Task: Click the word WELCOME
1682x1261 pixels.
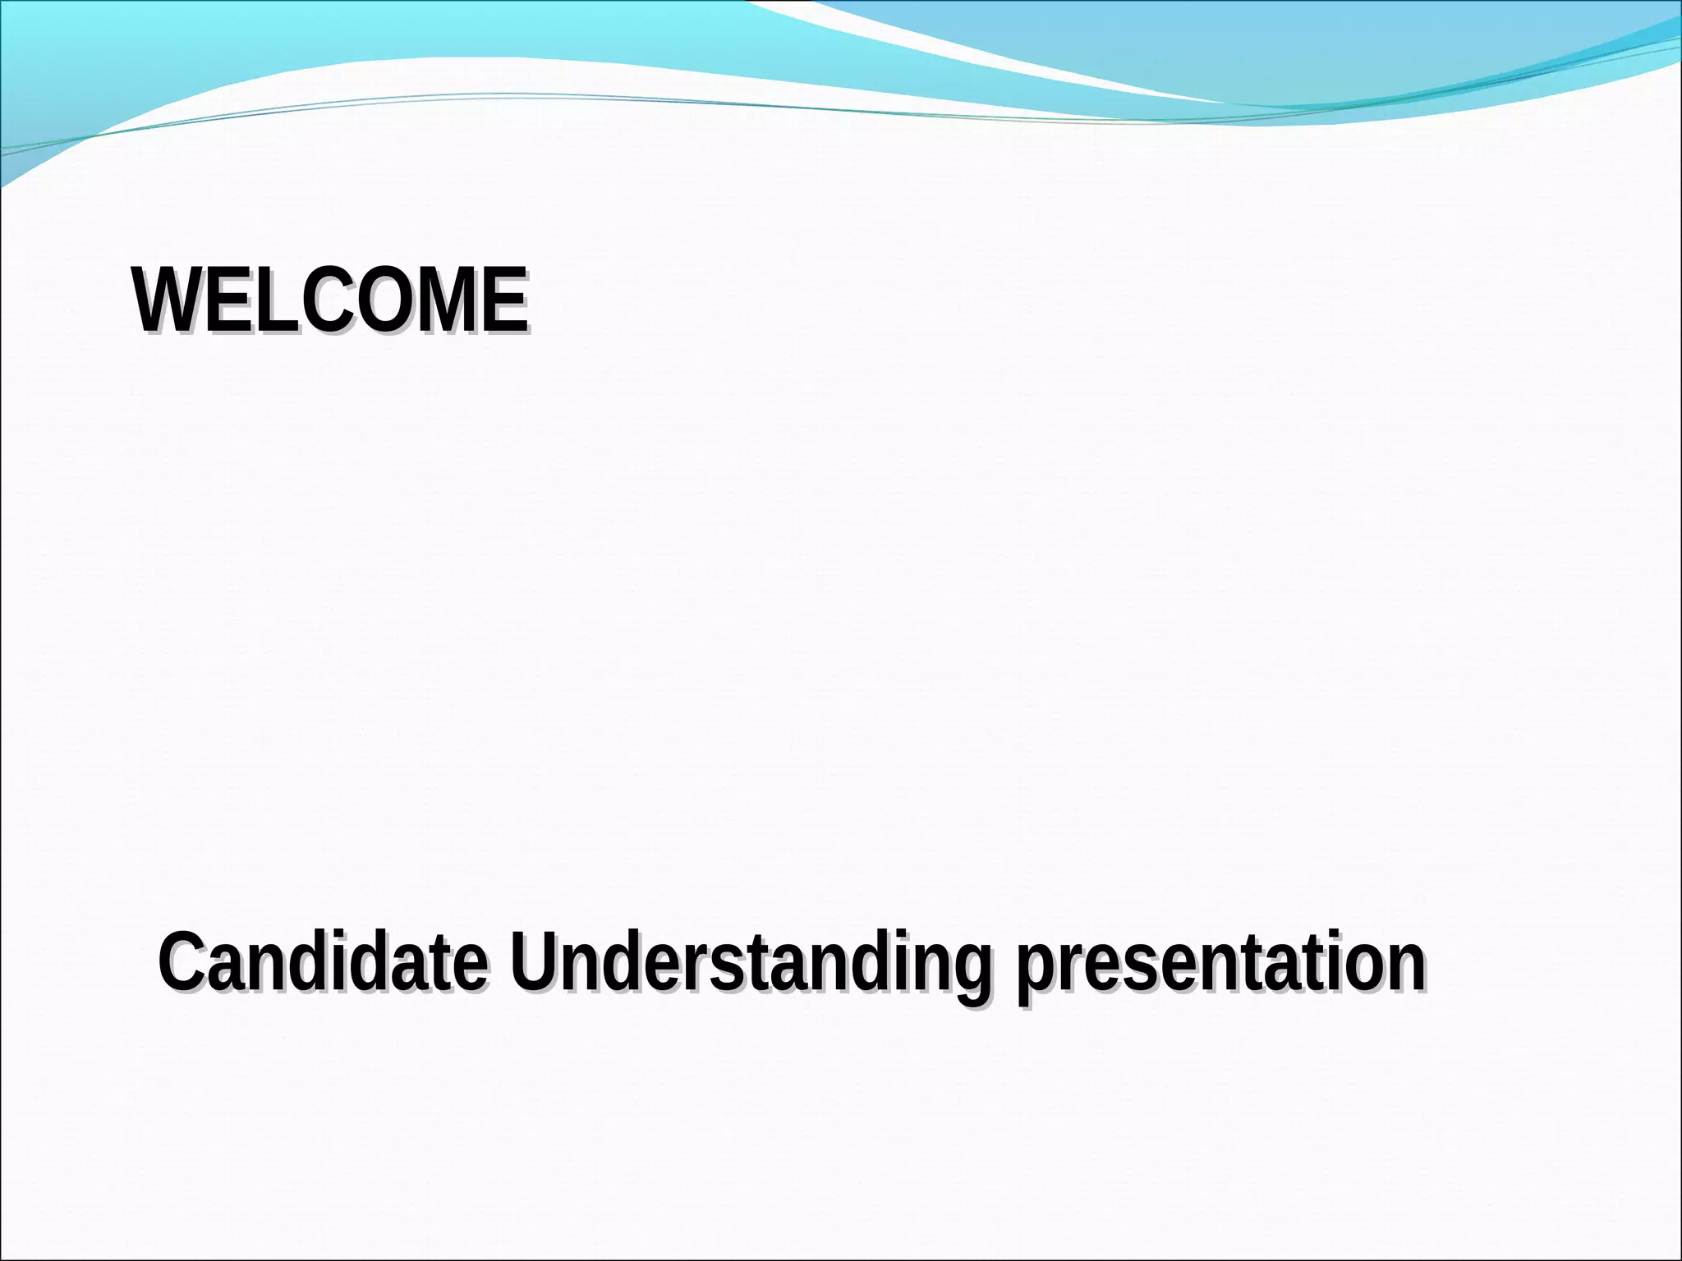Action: click(x=330, y=300)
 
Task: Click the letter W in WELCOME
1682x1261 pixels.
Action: click(x=168, y=300)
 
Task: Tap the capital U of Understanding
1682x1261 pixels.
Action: click(x=535, y=961)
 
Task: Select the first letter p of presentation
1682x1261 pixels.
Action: click(x=1036, y=969)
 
